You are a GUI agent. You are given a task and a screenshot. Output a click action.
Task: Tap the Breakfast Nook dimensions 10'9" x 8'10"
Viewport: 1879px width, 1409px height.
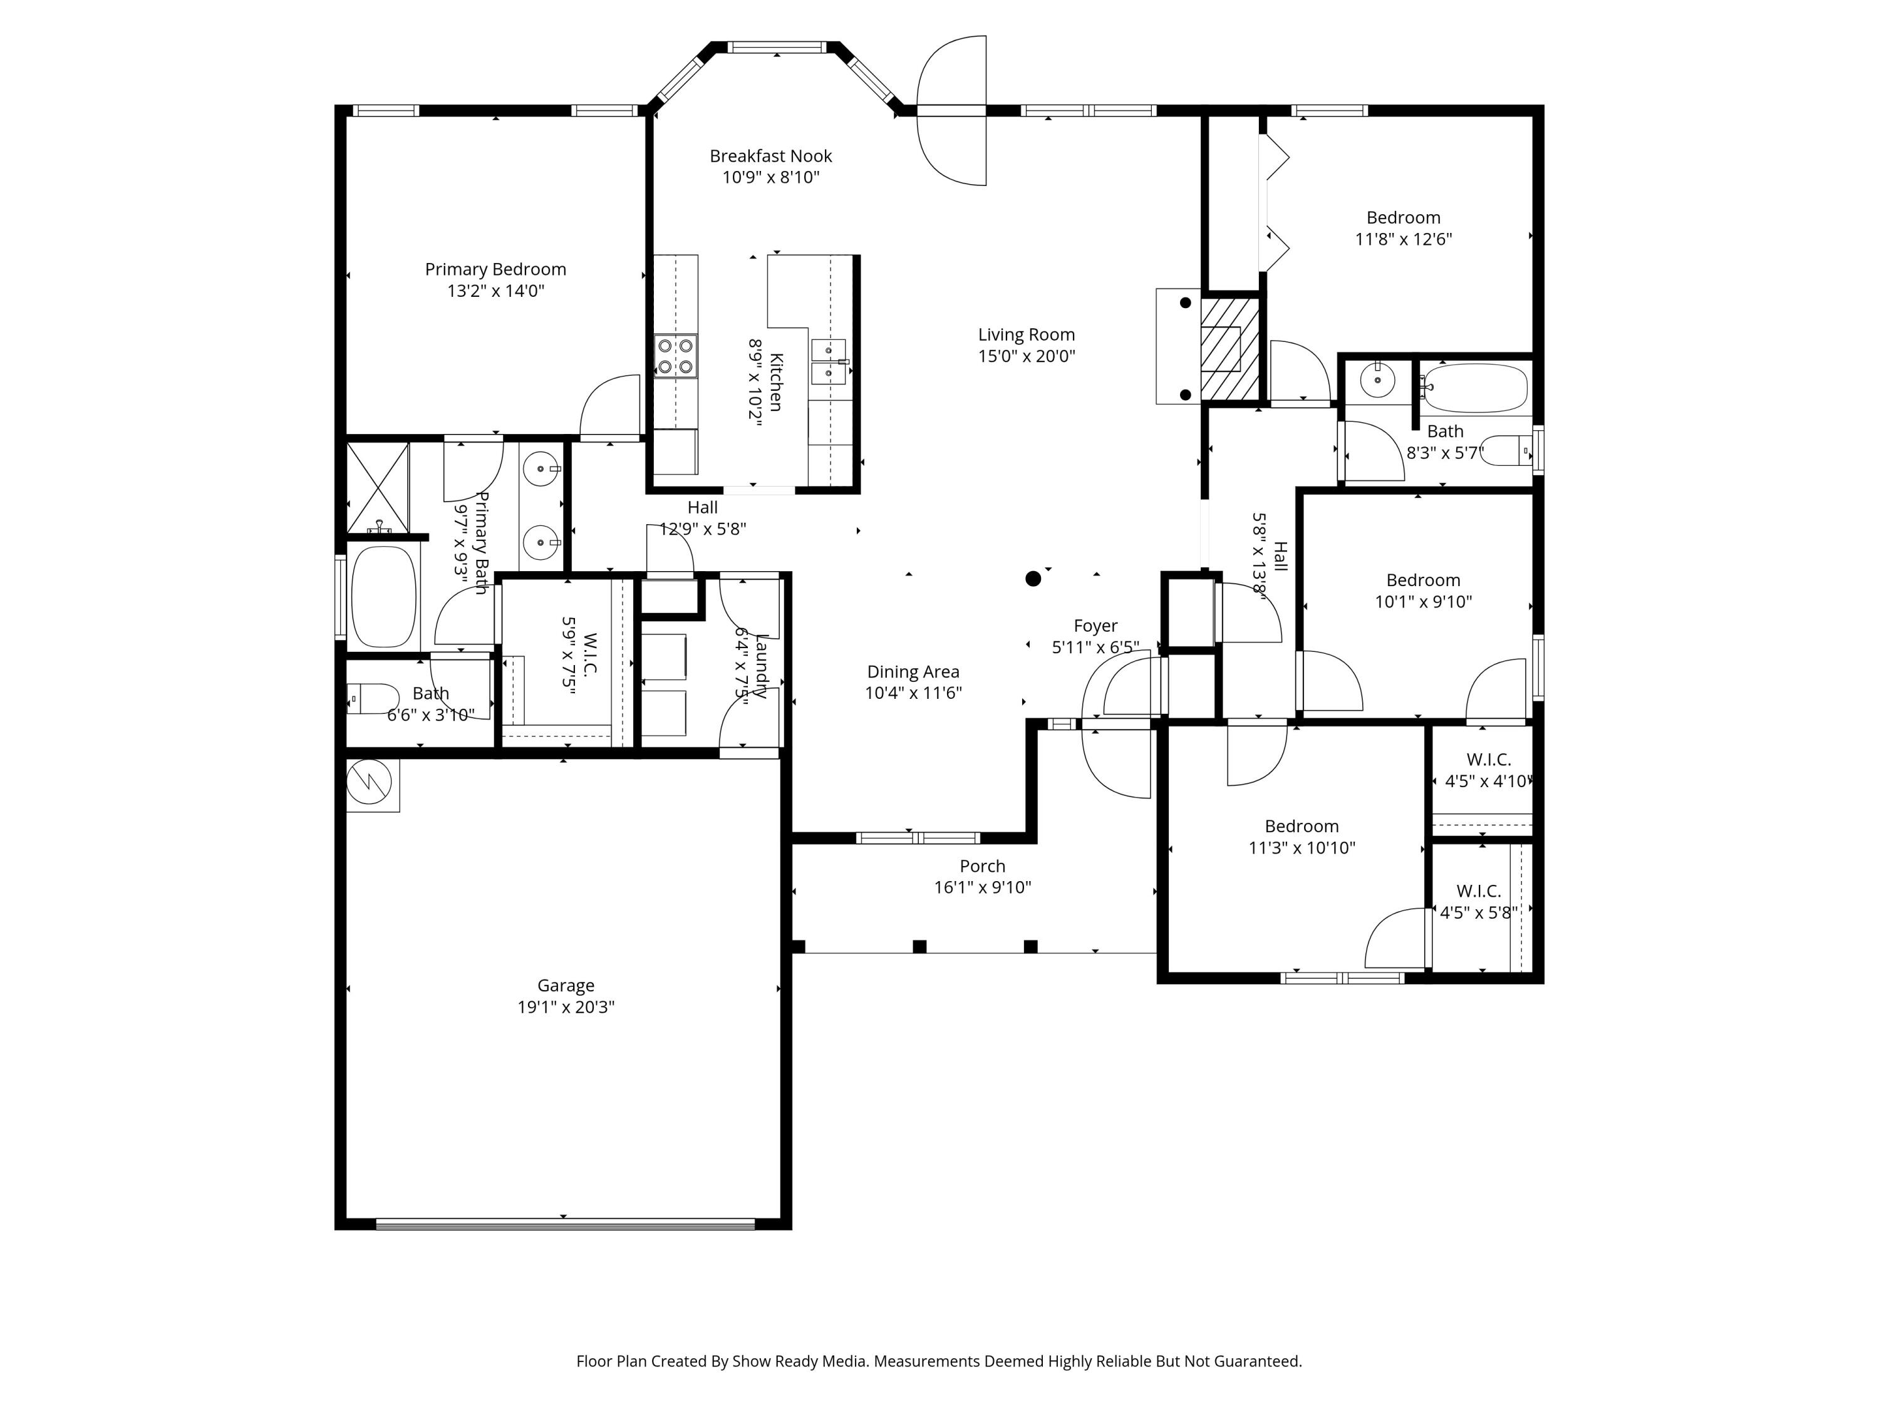click(770, 177)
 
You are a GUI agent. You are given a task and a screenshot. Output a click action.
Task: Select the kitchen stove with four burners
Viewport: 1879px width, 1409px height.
click(675, 356)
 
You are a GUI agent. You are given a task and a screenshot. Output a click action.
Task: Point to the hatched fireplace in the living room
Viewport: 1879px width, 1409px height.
click(1228, 348)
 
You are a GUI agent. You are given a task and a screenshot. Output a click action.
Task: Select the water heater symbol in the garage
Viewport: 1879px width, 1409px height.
click(372, 785)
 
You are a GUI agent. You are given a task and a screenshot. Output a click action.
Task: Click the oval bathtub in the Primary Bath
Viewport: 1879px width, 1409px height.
click(384, 596)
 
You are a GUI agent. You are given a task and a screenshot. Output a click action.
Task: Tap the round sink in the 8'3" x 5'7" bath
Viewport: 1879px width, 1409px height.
click(1377, 381)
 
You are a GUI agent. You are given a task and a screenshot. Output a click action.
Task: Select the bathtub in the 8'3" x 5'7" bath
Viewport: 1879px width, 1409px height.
click(1474, 388)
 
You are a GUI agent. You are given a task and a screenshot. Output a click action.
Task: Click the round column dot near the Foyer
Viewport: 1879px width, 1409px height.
click(1033, 579)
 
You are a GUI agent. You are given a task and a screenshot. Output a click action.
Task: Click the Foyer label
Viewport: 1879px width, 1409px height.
click(1096, 626)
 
